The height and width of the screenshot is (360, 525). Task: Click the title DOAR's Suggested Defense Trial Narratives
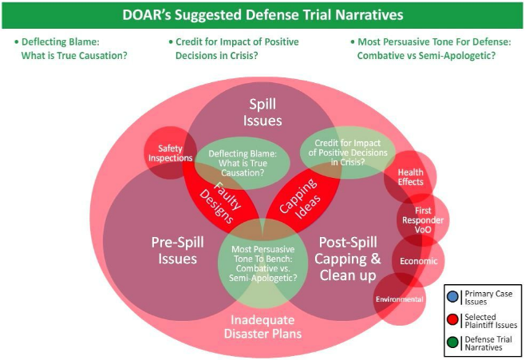262,15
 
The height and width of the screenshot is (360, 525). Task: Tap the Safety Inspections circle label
171,153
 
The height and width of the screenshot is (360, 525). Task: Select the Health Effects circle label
410,177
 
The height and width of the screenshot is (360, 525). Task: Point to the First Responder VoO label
423,220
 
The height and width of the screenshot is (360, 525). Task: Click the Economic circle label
419,261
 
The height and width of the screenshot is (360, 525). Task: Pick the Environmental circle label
400,299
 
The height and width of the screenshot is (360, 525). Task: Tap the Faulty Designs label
220,203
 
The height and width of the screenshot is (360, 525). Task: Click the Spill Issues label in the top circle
262,113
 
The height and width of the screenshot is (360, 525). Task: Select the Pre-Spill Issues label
177,250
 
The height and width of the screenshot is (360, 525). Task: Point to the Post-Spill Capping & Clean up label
348,258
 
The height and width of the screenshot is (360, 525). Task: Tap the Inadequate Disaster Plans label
262,326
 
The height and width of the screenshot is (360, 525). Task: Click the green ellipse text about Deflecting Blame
243,163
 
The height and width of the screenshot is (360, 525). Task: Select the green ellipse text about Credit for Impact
348,152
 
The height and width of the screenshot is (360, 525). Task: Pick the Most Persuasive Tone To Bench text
262,263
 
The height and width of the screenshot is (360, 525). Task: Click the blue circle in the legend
452,296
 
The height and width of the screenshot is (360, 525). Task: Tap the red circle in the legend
452,319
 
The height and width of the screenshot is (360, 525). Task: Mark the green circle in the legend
452,343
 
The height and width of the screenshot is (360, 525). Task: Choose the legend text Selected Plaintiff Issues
491,321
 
